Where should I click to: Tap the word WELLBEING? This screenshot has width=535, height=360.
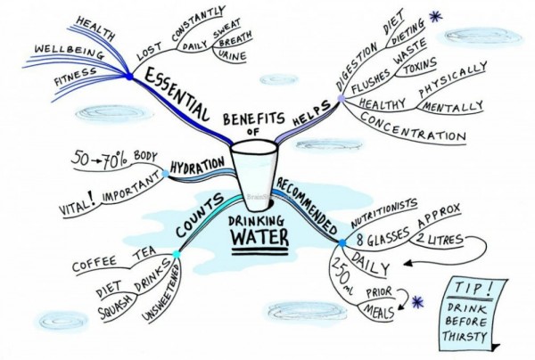click(70, 52)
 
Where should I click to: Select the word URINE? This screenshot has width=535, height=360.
click(232, 56)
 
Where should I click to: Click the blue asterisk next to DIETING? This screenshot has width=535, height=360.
click(436, 16)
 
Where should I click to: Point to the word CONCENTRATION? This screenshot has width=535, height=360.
click(413, 127)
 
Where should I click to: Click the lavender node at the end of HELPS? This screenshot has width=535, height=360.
click(342, 99)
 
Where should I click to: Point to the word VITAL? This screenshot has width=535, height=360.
click(78, 203)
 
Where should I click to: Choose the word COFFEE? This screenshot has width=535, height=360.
click(95, 264)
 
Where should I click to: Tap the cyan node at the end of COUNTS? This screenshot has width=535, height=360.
click(177, 254)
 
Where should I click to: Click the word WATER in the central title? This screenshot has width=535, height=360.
click(260, 237)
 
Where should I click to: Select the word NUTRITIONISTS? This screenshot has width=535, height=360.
click(383, 213)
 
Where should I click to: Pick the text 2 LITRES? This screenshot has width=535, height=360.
click(439, 240)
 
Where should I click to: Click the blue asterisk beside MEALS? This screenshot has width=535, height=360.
click(417, 302)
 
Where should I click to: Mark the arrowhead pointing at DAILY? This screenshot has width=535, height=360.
click(407, 263)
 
